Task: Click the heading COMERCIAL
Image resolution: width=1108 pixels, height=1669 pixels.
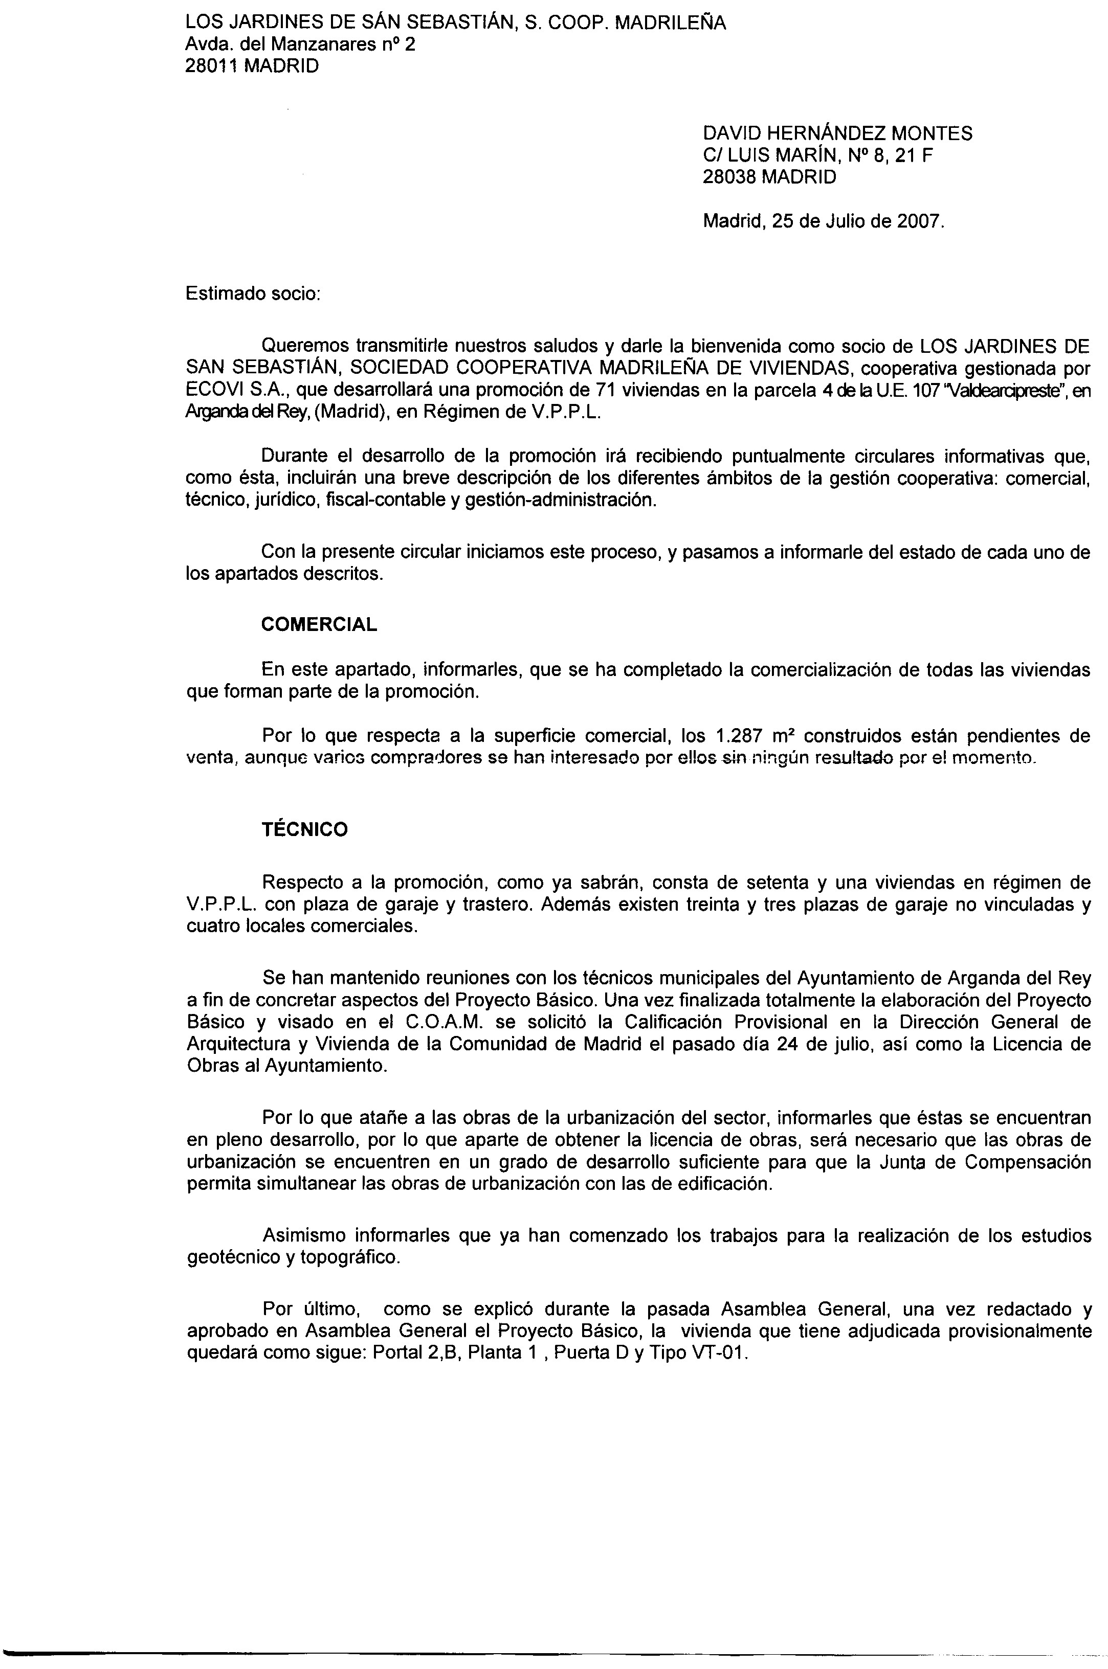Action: click(319, 624)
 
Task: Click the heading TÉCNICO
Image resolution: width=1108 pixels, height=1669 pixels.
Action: click(304, 829)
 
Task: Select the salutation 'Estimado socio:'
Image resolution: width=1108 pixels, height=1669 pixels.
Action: click(253, 293)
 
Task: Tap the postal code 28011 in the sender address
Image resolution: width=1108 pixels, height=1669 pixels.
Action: click(210, 66)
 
